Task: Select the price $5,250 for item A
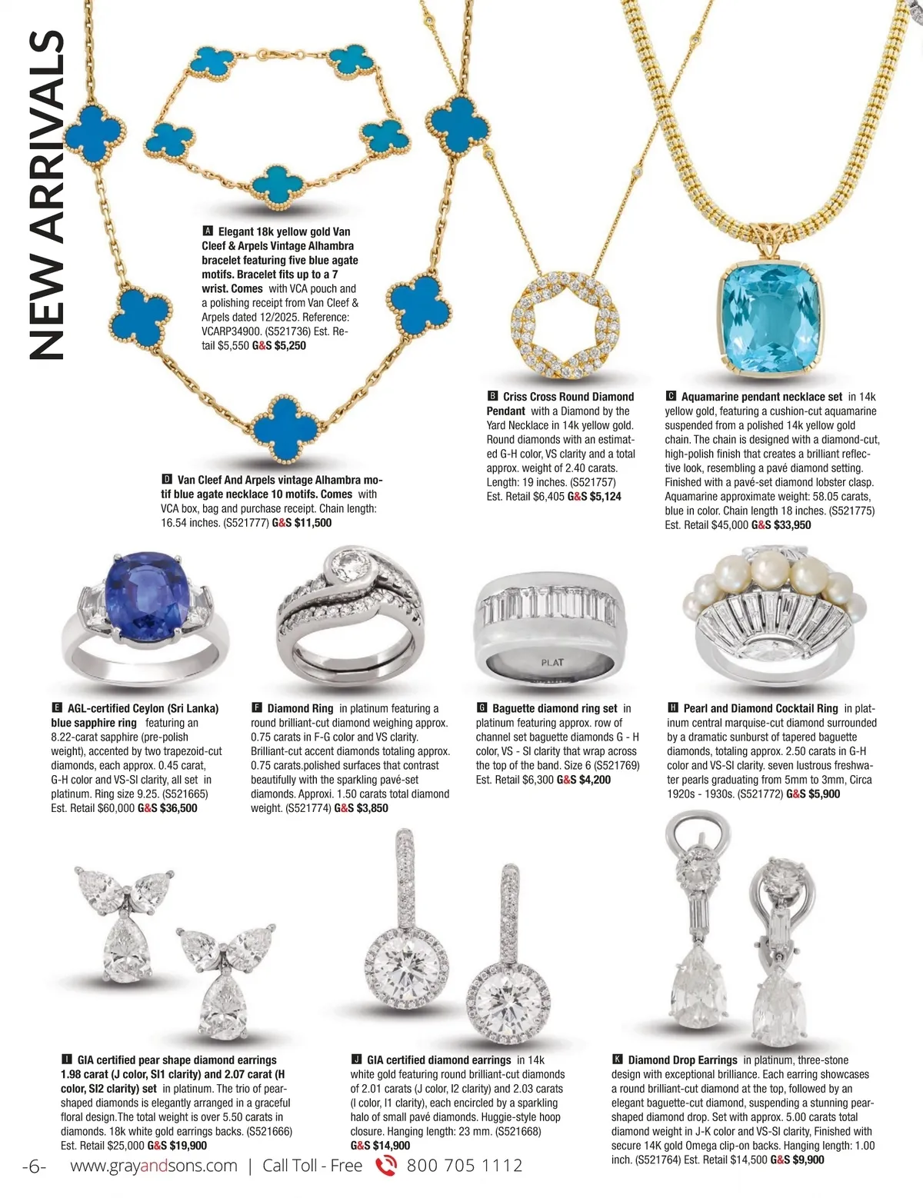290,345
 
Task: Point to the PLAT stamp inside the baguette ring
552,662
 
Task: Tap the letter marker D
167,480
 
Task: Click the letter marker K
618,1060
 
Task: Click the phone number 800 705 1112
464,1166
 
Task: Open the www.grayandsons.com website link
154,1166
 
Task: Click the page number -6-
35,1166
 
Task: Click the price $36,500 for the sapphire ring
178,808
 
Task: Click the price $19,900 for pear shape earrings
188,1145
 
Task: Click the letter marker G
482,708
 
